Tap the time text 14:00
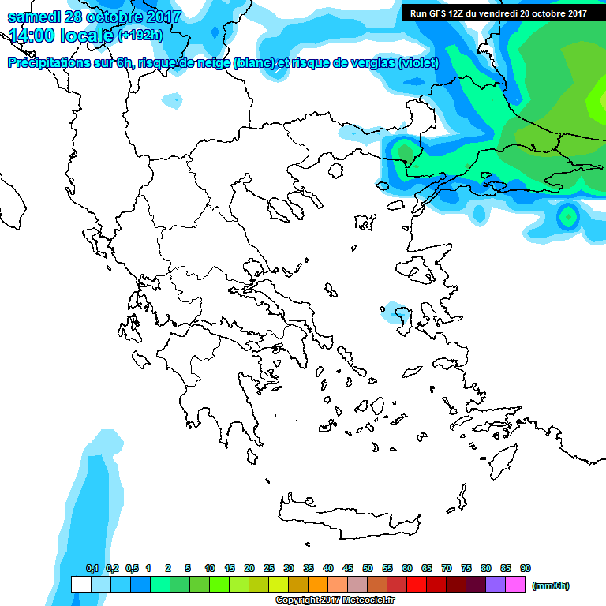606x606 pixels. (35, 36)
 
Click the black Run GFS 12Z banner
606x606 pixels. (498, 13)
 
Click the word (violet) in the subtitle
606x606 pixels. (417, 63)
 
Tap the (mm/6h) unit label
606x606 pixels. (551, 585)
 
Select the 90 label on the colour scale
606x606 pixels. (526, 568)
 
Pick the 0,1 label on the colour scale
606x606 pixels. (92, 568)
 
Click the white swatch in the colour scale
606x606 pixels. (80, 584)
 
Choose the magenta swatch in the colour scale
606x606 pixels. (515, 584)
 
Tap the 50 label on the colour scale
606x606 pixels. (368, 568)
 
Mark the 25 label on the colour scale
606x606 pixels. (269, 568)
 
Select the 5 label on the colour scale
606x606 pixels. (188, 568)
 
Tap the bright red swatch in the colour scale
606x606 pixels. (417, 584)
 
